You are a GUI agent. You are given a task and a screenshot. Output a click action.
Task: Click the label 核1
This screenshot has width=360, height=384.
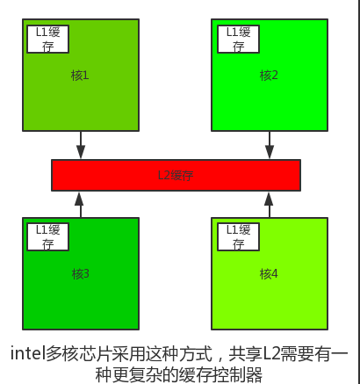(x=80, y=76)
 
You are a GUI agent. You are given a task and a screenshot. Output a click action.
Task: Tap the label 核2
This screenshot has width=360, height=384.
(x=269, y=76)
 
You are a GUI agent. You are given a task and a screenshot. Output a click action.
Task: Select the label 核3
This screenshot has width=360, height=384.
(x=80, y=274)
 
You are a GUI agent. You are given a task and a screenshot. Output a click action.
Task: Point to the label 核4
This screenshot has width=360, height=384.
(x=269, y=274)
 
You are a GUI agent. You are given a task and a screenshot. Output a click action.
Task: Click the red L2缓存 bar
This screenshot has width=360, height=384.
(x=176, y=176)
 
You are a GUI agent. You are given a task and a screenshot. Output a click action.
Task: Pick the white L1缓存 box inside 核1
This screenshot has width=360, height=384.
(x=47, y=40)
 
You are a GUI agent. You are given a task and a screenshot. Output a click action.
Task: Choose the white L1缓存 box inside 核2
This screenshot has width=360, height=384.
(x=238, y=40)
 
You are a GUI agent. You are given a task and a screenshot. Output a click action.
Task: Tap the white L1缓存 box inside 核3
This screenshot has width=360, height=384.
(x=47, y=237)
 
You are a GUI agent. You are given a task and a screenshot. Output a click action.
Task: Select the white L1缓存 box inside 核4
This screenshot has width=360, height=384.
(x=238, y=237)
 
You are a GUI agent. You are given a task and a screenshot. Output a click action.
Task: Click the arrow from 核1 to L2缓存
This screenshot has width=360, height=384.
(x=81, y=145)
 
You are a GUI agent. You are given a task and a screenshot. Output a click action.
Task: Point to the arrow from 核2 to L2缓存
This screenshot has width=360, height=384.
(x=270, y=145)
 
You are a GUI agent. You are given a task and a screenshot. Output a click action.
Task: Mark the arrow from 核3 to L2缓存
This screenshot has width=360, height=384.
(x=80, y=205)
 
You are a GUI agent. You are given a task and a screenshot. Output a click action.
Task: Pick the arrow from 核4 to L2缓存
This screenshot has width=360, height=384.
(x=269, y=205)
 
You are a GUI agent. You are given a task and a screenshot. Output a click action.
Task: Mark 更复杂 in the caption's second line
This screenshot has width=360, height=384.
(x=137, y=374)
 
